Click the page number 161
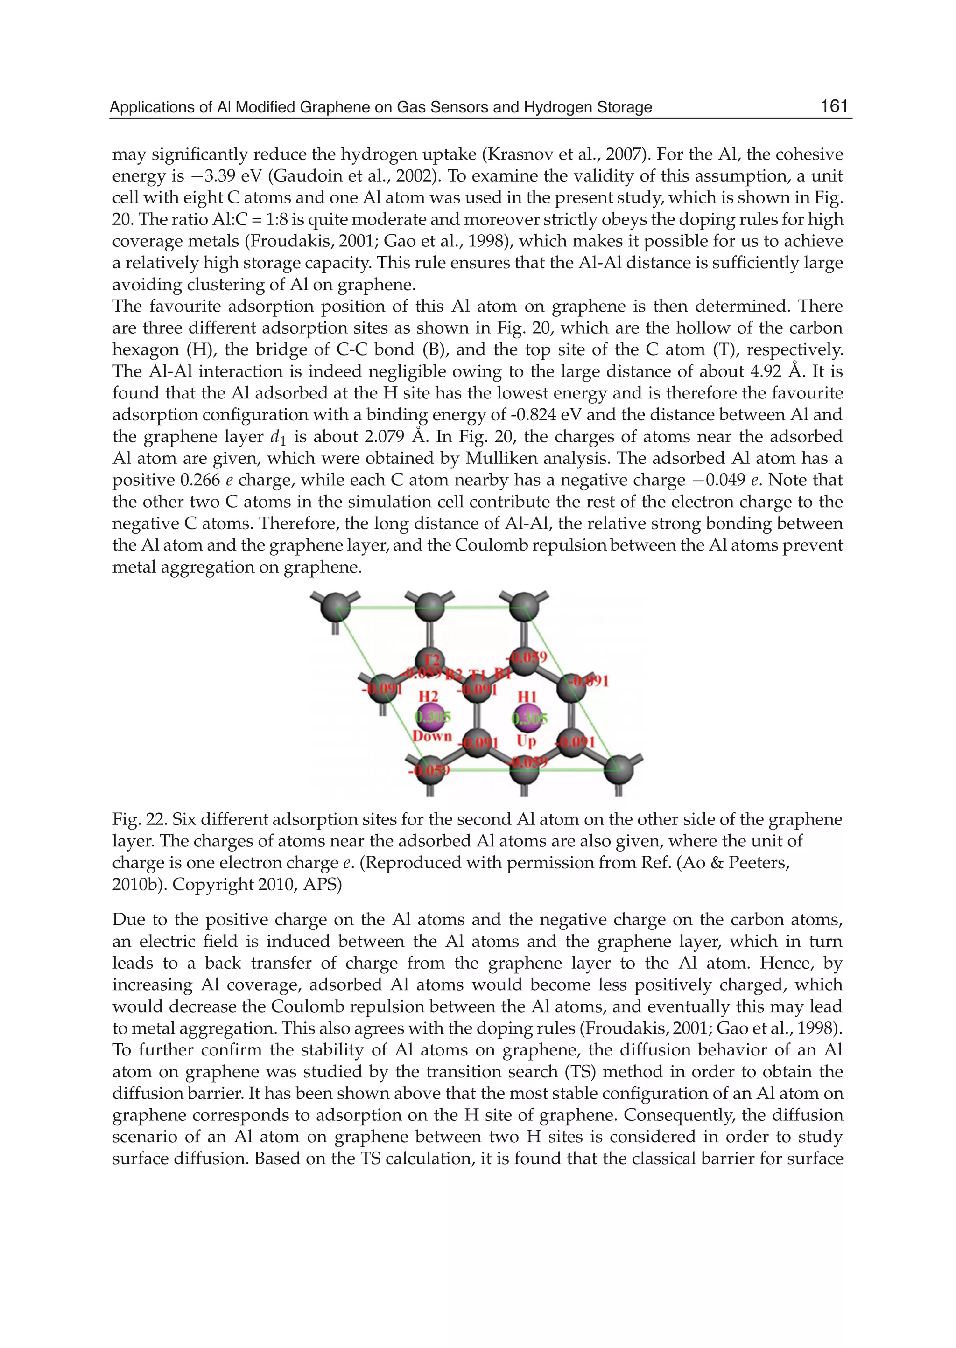click(834, 106)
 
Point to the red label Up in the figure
click(526, 741)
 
